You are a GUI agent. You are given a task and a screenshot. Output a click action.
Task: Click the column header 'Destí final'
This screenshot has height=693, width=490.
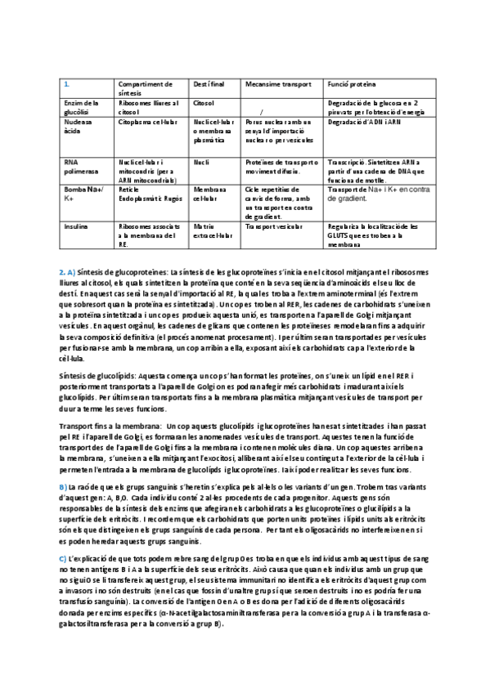coord(210,83)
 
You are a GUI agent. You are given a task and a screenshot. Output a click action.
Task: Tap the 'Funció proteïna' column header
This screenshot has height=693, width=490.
coord(353,83)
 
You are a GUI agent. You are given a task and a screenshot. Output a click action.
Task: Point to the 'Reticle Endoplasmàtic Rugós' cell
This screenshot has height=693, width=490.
coord(145,194)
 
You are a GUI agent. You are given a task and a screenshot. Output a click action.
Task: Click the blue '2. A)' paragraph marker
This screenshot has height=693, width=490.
coord(67,270)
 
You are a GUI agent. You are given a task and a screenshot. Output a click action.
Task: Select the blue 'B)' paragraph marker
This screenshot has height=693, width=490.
coord(63,487)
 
